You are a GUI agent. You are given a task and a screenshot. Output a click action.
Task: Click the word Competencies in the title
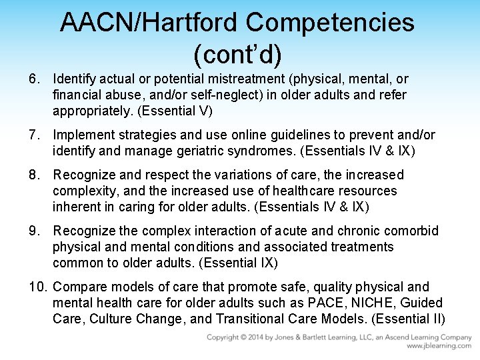coord(330,22)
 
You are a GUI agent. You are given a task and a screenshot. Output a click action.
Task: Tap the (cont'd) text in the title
coord(237,51)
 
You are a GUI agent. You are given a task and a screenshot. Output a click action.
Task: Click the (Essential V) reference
coord(171,111)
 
